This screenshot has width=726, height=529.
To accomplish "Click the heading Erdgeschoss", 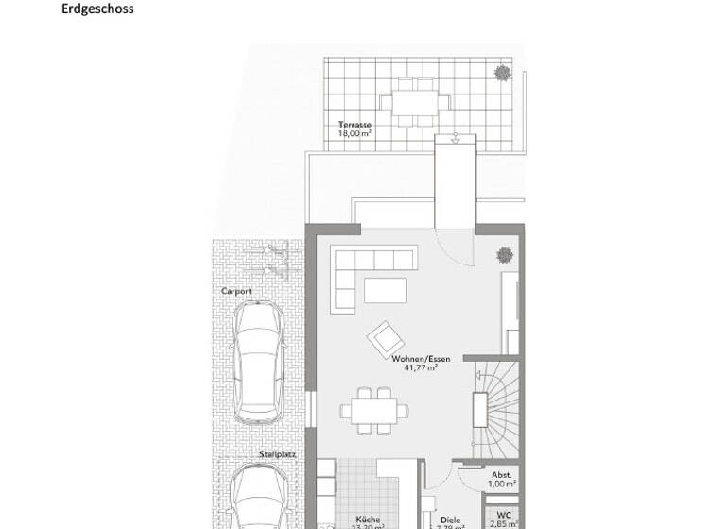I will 97,9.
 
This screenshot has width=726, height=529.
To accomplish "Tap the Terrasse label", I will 355,125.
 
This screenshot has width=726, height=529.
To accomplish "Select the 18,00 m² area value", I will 355,134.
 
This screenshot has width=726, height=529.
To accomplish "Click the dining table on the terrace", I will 410,102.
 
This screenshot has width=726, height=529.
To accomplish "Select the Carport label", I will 236,292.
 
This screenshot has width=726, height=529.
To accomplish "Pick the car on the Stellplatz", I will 258,496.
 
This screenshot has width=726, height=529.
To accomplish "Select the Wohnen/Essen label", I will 421,360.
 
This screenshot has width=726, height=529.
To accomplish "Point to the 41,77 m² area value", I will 421,369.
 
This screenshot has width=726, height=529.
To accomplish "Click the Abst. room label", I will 501,475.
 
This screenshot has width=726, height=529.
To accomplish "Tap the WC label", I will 503,515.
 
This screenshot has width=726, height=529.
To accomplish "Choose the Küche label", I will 368,519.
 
